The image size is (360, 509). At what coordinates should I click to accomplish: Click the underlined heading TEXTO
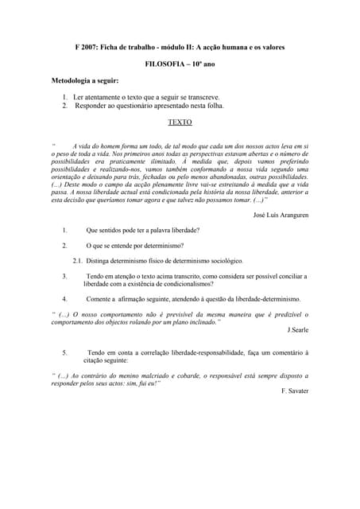pyautogui.click(x=180, y=122)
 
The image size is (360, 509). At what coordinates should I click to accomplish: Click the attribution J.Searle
pyautogui.click(x=296, y=329)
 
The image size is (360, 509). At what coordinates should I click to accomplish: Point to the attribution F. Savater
pyautogui.click(x=295, y=390)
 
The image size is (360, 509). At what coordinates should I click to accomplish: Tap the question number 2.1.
pyautogui.click(x=78, y=261)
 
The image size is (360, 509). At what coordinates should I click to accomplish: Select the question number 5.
pyautogui.click(x=64, y=352)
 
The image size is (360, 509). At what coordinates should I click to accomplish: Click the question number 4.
pyautogui.click(x=64, y=299)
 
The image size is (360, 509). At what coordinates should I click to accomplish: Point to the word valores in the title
pyautogui.click(x=272, y=47)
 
